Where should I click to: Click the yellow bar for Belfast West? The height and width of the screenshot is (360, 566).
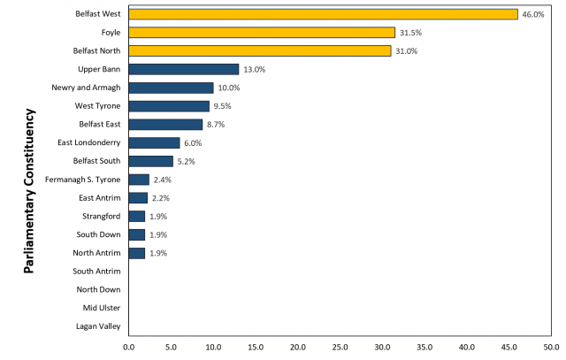pos(323,14)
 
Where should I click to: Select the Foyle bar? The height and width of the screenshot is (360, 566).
pos(262,33)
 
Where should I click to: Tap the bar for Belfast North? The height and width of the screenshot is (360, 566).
pos(259,50)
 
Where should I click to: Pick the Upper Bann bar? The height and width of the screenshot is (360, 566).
pos(183,69)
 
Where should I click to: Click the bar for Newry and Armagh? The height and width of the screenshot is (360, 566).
pos(171,88)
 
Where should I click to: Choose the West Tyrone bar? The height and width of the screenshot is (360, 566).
pos(169,106)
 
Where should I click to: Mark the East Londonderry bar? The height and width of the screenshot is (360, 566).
pos(154,142)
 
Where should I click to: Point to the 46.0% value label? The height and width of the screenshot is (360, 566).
pos(532,14)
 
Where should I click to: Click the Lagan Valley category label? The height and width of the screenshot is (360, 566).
pos(98,326)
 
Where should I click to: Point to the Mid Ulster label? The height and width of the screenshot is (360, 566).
pos(103,308)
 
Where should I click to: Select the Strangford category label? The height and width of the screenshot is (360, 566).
pos(102,217)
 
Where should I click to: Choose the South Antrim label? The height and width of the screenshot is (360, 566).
pos(97,272)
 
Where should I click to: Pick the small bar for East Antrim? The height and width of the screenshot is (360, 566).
pos(138,198)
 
